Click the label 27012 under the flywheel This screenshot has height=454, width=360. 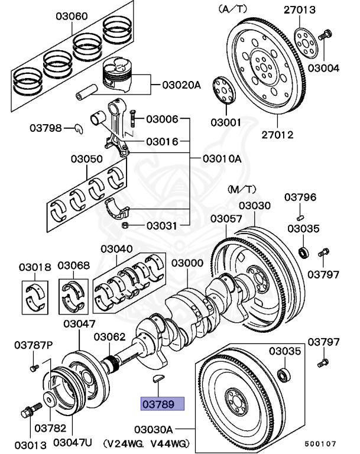(x=277, y=134)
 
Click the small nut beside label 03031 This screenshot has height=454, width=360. (x=125, y=225)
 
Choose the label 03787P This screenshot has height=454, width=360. (x=34, y=344)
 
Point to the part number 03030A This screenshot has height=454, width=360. (x=154, y=428)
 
